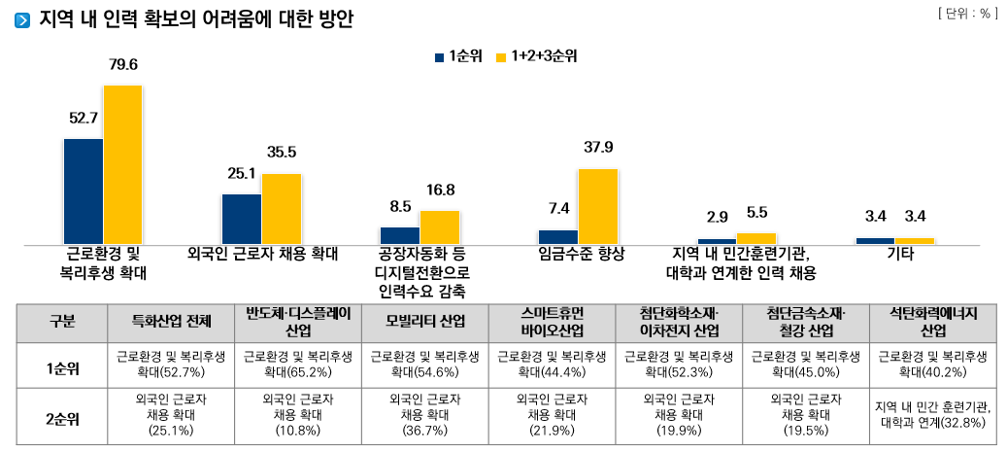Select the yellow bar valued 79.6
pyautogui.click(x=123, y=164)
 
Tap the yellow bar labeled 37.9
pyautogui.click(x=597, y=206)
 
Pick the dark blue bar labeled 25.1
pyautogui.click(x=242, y=219)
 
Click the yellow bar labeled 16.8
pyautogui.click(x=440, y=226)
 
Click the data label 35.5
pyautogui.click(x=282, y=152)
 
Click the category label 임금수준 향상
pyautogui.click(x=581, y=254)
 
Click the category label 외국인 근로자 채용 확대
pyautogui.click(x=262, y=254)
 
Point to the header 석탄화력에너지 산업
pyautogui.click(x=932, y=322)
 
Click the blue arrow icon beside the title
pyautogui.click(x=22, y=20)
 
